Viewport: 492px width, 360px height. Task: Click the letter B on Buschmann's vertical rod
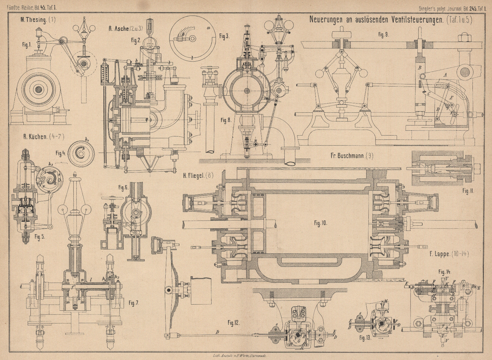pyautogui.click(x=419, y=68)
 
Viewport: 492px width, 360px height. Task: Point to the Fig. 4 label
pyautogui.click(x=60, y=154)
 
